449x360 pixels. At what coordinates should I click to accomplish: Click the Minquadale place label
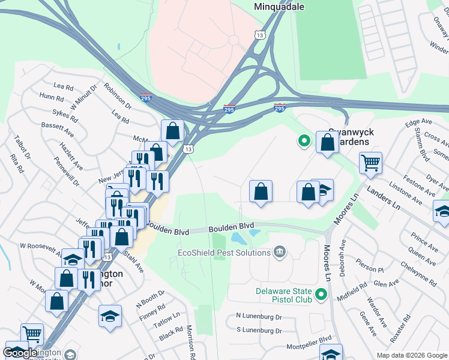279,7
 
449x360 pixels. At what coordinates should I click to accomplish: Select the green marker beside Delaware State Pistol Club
321,295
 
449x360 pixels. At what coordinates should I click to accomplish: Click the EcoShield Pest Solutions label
224,253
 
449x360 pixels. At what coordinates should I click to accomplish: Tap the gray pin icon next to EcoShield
279,251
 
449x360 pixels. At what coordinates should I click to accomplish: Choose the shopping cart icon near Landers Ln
370,162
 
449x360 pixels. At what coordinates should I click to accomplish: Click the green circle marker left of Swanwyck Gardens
304,142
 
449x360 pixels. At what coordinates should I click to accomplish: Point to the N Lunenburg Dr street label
259,316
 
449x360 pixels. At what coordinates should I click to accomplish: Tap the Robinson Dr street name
117,95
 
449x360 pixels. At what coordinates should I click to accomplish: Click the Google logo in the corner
20,353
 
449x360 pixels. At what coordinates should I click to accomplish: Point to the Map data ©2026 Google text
411,355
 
